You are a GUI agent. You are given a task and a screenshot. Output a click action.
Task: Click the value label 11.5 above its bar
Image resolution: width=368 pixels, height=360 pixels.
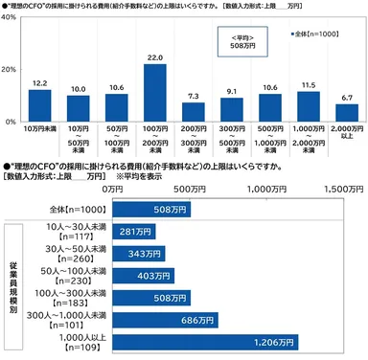[x=309, y=85]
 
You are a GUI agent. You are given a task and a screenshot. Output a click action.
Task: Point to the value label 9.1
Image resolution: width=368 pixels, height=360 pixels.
[x=232, y=91]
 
